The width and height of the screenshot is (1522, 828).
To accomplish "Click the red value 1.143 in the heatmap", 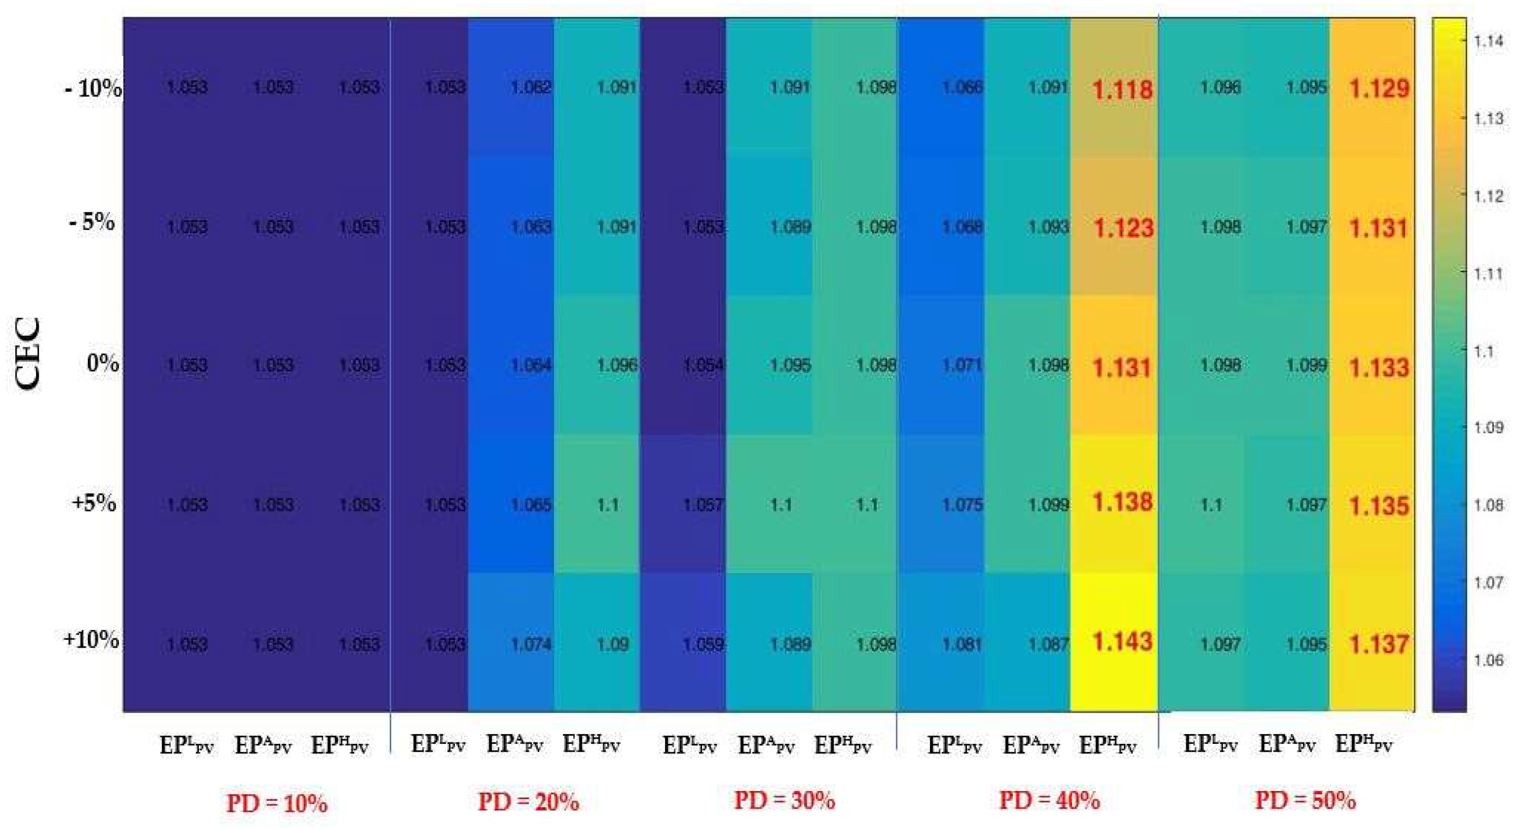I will click(1122, 642).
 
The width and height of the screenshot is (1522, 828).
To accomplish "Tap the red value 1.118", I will click(1122, 90).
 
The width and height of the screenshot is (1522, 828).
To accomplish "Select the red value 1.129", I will click(1379, 89).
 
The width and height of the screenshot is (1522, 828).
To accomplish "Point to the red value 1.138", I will click(1122, 502).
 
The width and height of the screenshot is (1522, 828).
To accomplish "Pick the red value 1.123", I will click(1122, 228).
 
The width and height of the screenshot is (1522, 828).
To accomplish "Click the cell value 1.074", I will click(530, 644).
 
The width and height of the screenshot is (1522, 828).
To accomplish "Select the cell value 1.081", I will click(962, 644).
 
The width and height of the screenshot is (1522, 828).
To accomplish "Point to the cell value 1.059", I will click(703, 644).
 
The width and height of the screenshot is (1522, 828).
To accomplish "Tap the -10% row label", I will click(93, 89).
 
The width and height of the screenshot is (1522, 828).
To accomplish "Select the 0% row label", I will click(103, 362).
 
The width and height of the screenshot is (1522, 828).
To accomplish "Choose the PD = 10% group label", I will click(277, 803).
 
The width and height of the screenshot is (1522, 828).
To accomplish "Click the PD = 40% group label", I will click(1049, 801).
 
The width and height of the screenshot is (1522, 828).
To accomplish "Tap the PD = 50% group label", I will click(1305, 801).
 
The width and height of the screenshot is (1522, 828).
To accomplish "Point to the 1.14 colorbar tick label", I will click(1488, 41).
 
